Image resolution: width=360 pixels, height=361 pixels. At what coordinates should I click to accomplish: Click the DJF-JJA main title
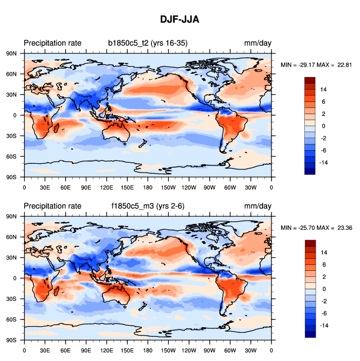click(180, 20)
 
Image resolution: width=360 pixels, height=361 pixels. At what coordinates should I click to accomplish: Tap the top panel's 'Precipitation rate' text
click(52, 43)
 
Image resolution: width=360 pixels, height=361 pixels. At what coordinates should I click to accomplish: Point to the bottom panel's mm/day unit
click(258, 206)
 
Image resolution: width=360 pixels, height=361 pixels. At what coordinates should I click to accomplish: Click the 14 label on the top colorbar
click(323, 89)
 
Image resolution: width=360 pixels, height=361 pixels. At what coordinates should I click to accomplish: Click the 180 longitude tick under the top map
click(148, 187)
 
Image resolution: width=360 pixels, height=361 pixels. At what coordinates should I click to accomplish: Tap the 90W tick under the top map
click(210, 187)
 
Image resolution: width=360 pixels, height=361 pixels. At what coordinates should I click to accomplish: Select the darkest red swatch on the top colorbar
click(310, 80)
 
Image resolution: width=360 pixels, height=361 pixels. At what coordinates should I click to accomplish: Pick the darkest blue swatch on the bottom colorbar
click(310, 334)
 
